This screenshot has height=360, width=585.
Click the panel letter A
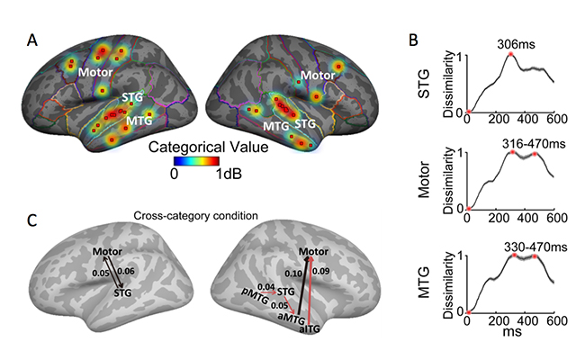[x=33, y=40]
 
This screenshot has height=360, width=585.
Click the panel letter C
[x=33, y=220]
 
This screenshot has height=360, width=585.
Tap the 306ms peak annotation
[x=516, y=40]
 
